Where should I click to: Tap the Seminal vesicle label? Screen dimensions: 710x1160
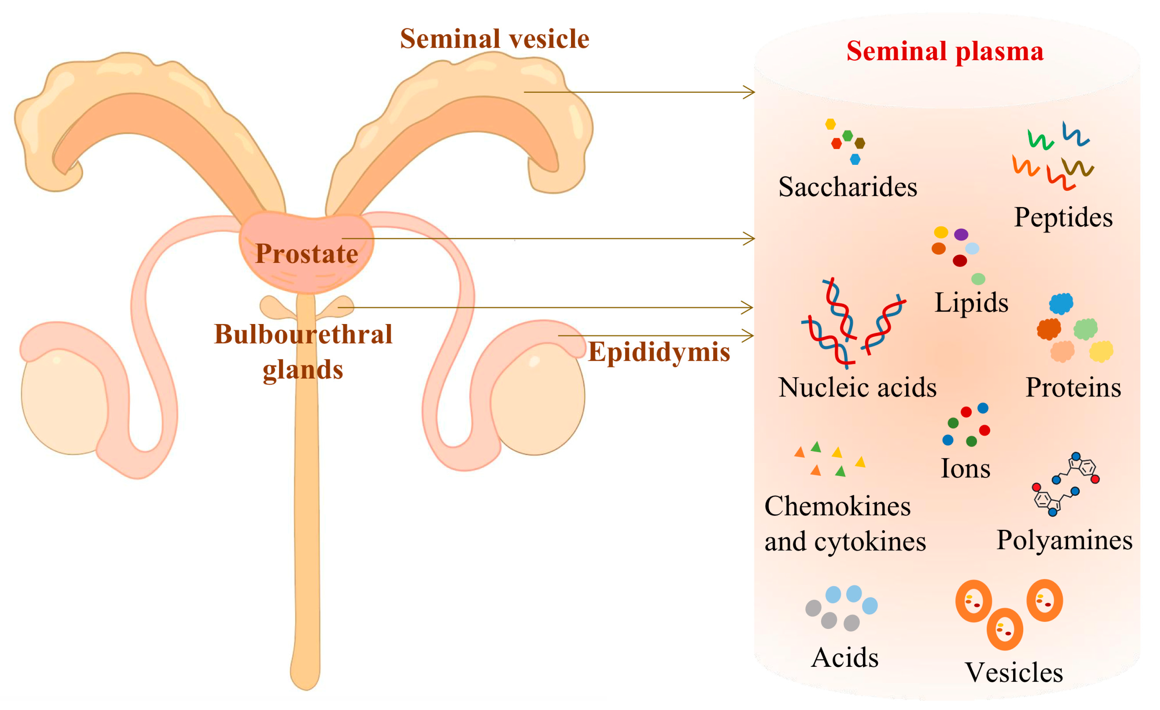coord(494,39)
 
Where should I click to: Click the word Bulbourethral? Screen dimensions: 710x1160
coord(303,335)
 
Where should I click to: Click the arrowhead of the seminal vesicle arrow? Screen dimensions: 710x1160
coord(750,92)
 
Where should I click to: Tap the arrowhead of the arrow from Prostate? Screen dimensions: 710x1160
coord(750,238)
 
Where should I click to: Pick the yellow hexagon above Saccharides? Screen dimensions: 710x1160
coord(831,124)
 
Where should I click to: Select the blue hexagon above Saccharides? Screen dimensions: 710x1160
coord(855,160)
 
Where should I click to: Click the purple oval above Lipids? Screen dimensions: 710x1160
coord(961,234)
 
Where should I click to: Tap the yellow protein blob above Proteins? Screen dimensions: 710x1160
coord(1101,351)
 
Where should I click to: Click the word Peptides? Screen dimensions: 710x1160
coord(1063,217)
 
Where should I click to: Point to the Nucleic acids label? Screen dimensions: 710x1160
coord(857,388)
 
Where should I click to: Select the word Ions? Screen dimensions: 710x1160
coord(965,469)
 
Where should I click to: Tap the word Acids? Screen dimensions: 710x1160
coord(845,658)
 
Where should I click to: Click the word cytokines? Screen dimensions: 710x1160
coord(870,542)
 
